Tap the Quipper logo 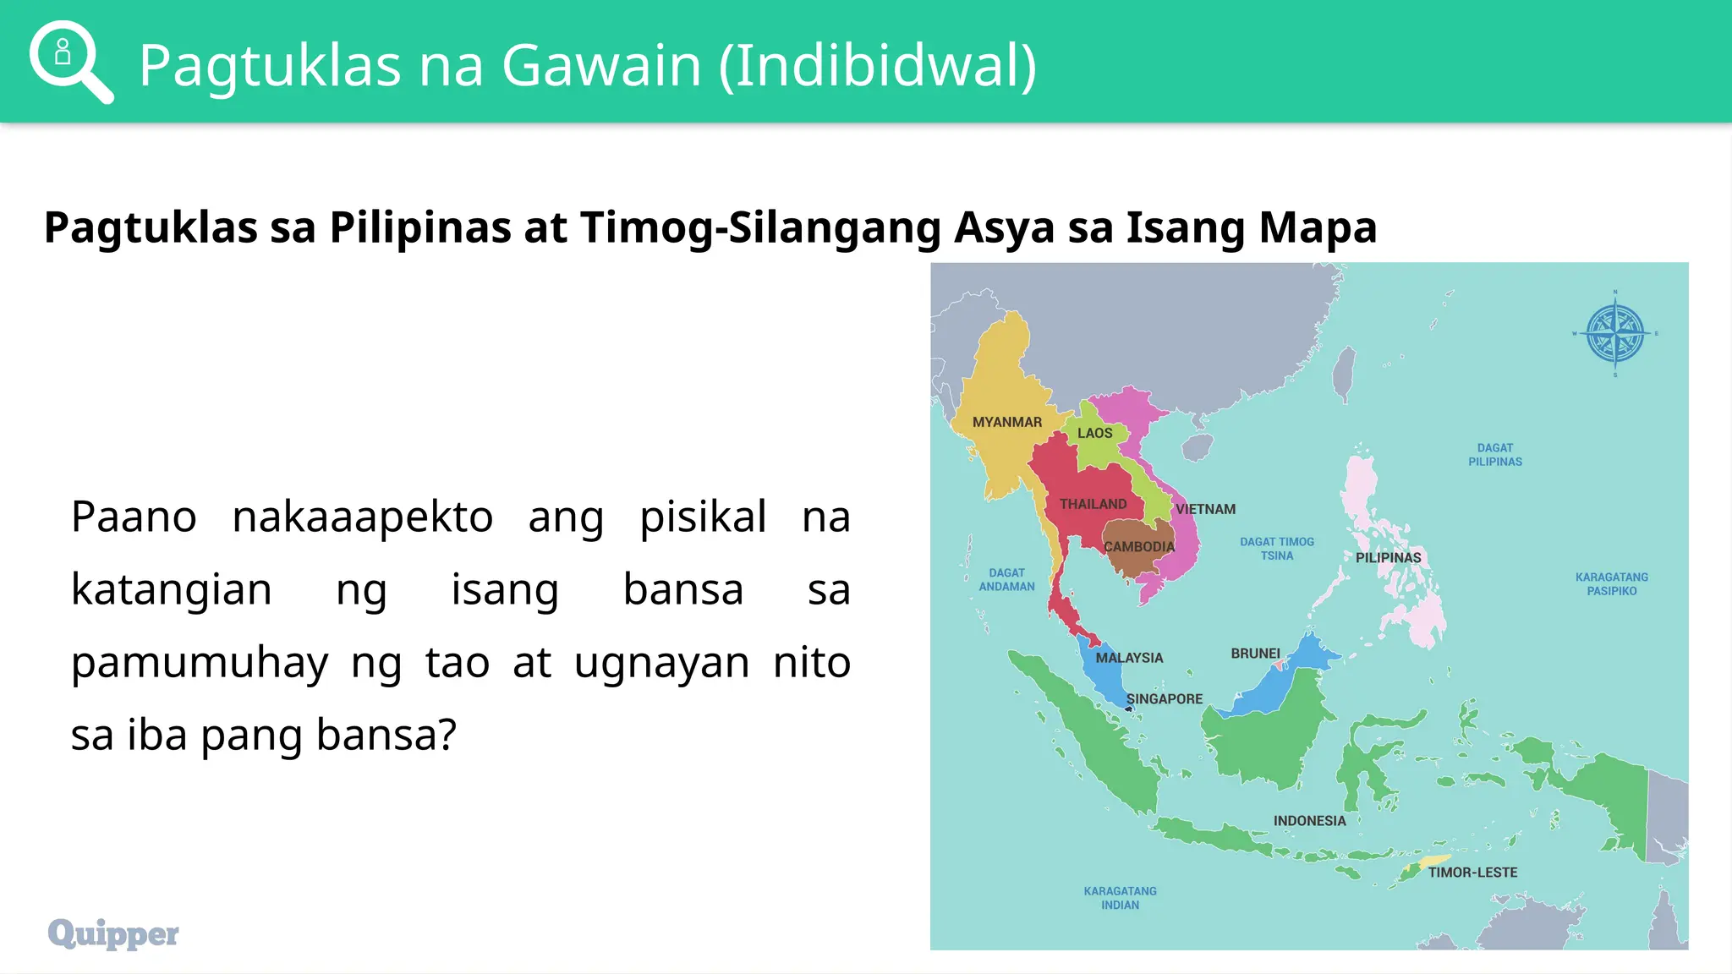click(x=113, y=933)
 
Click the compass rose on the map click(x=1614, y=334)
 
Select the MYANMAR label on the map click(x=1006, y=422)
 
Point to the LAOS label click(x=1094, y=433)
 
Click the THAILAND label click(x=1093, y=504)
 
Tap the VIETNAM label click(x=1205, y=509)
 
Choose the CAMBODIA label click(x=1139, y=547)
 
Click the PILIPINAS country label click(x=1388, y=558)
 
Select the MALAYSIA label click(x=1129, y=658)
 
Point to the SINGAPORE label click(x=1164, y=699)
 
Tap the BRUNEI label click(x=1255, y=654)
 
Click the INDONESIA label click(x=1309, y=821)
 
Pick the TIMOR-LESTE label click(x=1472, y=873)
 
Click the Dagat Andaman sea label click(x=1006, y=580)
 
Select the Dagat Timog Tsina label click(x=1277, y=549)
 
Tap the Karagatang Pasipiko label click(x=1611, y=584)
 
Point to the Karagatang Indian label click(x=1120, y=898)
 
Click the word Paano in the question click(x=134, y=517)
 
